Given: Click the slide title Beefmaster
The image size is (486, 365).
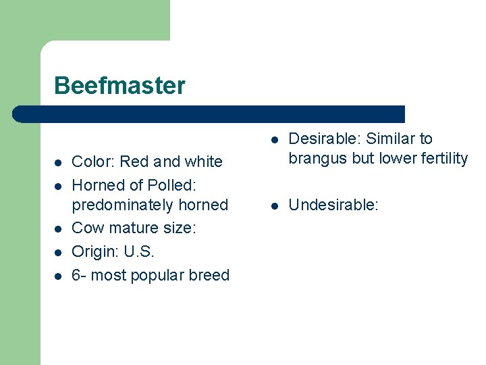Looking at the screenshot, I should point(119,86).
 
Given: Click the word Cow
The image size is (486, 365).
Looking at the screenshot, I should point(86,228).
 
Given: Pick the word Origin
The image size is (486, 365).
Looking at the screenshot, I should point(94,251).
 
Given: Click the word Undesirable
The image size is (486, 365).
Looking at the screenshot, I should point(333,204).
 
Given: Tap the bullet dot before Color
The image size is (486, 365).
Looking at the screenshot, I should point(58,162).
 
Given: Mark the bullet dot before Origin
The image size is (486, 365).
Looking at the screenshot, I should point(58,252).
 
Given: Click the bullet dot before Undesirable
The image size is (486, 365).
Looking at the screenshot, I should point(275,205).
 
